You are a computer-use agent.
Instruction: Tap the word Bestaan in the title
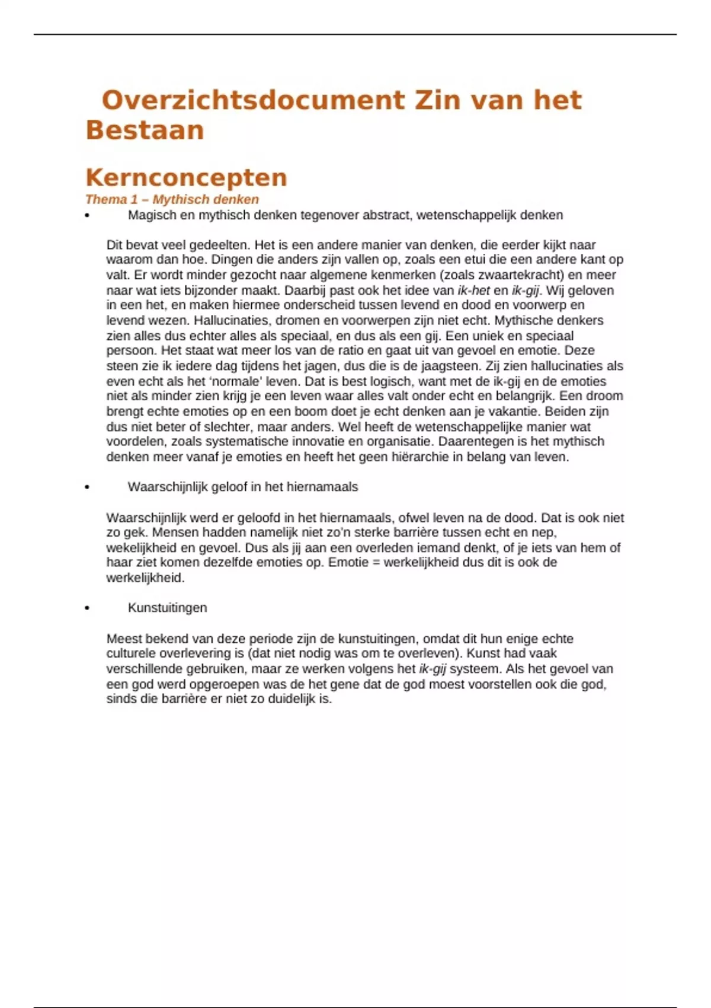tap(145, 130)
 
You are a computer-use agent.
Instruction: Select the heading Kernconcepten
tap(187, 177)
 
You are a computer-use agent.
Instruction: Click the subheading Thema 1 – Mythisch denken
tap(172, 199)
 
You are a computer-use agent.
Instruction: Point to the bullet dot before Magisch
tap(87, 216)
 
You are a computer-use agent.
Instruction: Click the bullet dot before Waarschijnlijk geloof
tap(87, 487)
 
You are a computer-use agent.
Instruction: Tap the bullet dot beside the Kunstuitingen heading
tap(87, 608)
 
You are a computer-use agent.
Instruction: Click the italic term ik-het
tap(474, 291)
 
